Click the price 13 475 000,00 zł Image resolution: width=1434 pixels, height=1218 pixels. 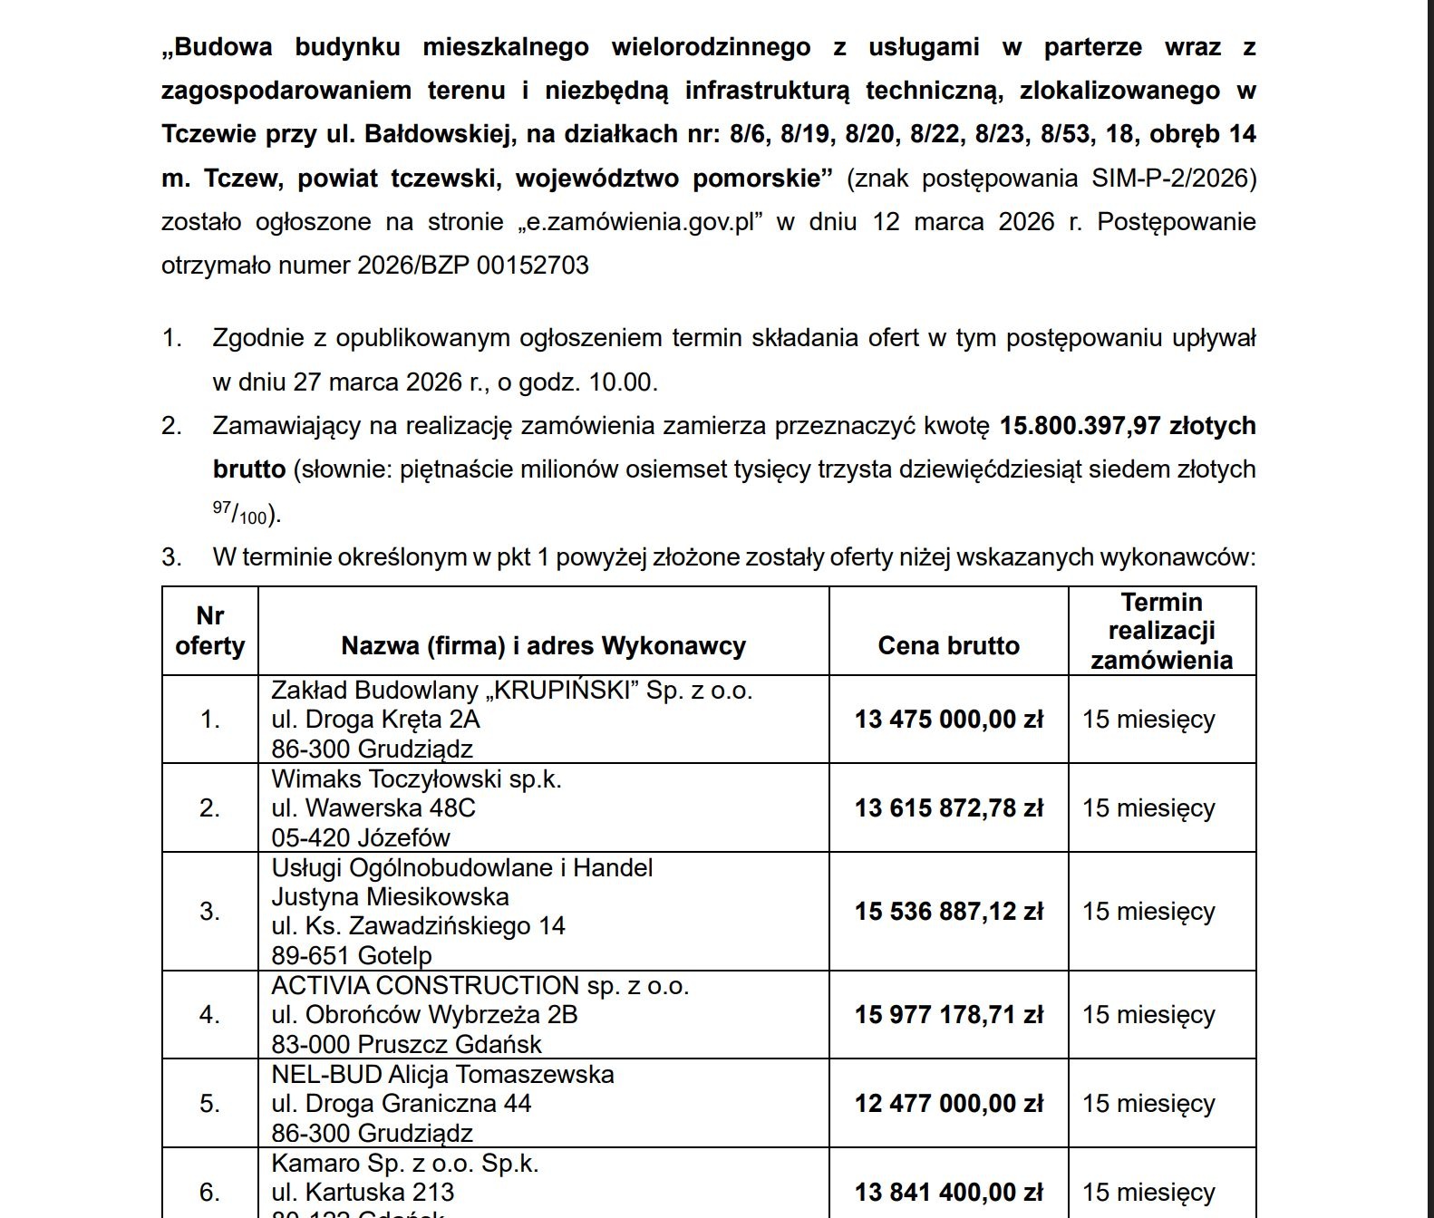(x=948, y=720)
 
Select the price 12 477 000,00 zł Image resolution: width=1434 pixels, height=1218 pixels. (x=948, y=1104)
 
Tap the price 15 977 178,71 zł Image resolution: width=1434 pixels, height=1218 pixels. (x=948, y=1015)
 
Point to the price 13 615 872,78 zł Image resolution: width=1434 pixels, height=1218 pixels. (x=948, y=808)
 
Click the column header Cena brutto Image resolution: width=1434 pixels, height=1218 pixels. (x=948, y=646)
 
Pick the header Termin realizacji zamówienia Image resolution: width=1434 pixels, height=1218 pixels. (x=1161, y=631)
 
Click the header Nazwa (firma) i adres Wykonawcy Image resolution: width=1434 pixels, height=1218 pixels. (x=543, y=646)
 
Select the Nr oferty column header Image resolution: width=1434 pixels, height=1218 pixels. (x=209, y=631)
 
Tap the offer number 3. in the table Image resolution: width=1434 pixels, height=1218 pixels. (x=209, y=912)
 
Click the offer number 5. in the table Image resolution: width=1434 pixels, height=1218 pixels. (x=209, y=1104)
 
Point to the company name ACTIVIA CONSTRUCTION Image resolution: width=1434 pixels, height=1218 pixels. (x=425, y=986)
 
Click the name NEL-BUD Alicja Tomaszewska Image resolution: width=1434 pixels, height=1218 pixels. (x=442, y=1075)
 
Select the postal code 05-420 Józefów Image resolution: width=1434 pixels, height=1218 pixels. (x=361, y=837)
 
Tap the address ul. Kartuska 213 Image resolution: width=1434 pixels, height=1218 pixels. (x=363, y=1193)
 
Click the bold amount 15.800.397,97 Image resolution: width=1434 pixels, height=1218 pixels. (x=1080, y=426)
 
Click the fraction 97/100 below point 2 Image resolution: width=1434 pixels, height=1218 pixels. (x=240, y=514)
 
